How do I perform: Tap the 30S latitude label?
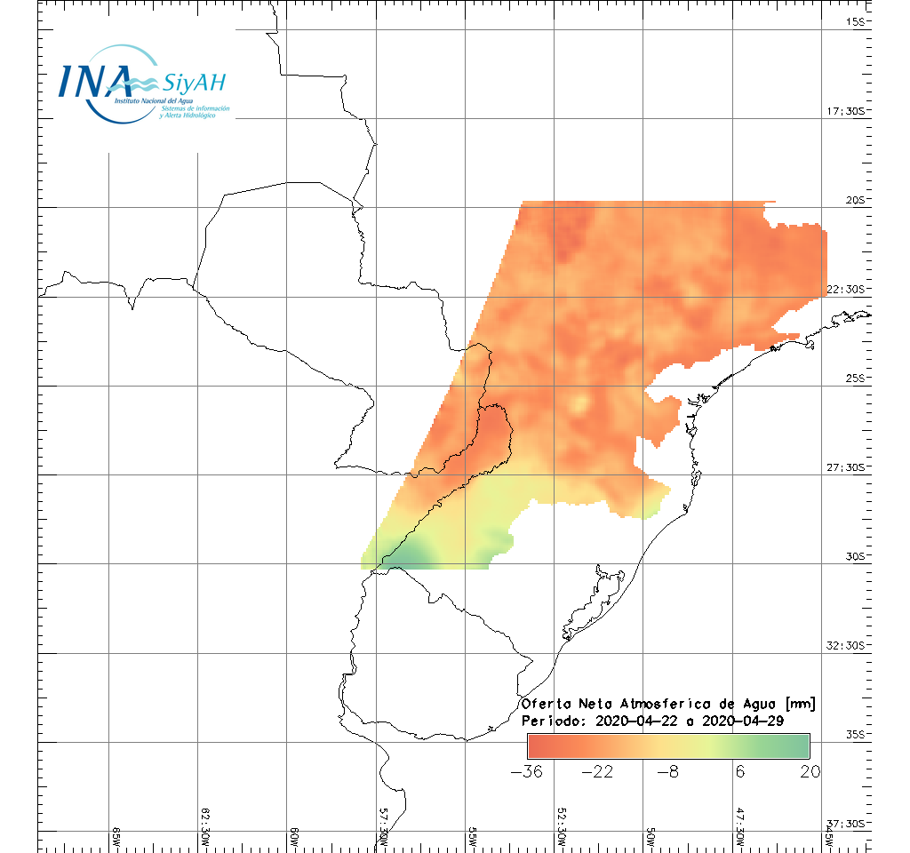pyautogui.click(x=855, y=556)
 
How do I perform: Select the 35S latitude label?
pyautogui.click(x=855, y=734)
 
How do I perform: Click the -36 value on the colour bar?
pyautogui.click(x=527, y=771)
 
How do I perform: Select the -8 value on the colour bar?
pyautogui.click(x=667, y=771)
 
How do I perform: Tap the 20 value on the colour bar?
pyautogui.click(x=809, y=771)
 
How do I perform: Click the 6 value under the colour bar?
pyautogui.click(x=738, y=771)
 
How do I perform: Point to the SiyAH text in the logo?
pyautogui.click(x=195, y=83)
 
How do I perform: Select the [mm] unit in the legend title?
pyautogui.click(x=801, y=704)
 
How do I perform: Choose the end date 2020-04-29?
pyautogui.click(x=742, y=721)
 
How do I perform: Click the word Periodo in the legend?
pyautogui.click(x=551, y=721)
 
